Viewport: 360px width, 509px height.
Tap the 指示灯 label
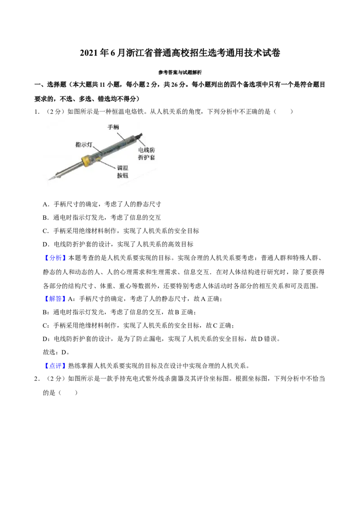tap(84, 145)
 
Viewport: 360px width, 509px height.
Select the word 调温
tap(122, 168)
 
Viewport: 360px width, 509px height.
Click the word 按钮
tap(122, 176)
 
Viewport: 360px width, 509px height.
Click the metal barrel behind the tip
tap(67, 170)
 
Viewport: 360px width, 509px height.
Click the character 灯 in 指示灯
tap(90, 145)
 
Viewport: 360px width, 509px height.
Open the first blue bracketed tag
tap(56, 258)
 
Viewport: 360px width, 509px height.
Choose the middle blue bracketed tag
tap(56, 299)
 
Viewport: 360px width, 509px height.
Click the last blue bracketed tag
tap(56, 366)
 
